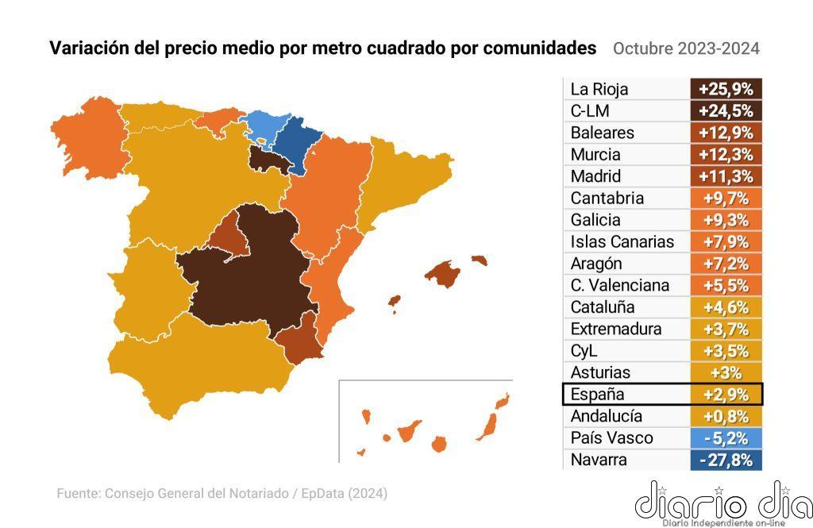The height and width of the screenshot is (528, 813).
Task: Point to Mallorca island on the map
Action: coord(443,273)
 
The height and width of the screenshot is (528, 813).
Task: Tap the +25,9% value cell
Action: coord(726,89)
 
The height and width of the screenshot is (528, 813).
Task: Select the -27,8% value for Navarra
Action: coord(726,460)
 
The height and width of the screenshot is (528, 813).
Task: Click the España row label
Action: coord(598,395)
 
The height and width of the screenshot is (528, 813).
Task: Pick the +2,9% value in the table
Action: coord(726,395)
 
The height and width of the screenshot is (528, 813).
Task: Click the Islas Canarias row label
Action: coord(622,241)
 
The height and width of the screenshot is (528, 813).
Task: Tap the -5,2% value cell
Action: coord(726,438)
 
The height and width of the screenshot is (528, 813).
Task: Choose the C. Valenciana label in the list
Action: coord(619,285)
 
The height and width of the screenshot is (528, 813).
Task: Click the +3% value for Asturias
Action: coord(726,372)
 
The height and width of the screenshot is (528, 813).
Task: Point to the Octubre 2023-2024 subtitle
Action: coord(686,48)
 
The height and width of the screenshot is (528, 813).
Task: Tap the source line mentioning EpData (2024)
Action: coord(222,494)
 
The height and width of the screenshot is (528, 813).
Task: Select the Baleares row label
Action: coord(602,133)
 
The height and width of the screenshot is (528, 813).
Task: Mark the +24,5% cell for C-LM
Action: coord(726,110)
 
